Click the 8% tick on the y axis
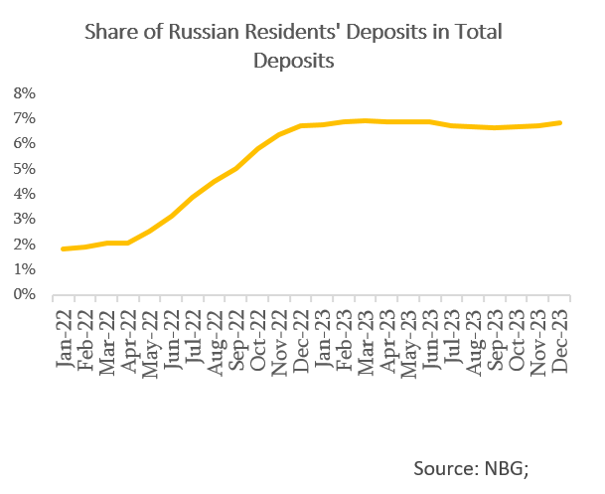pos(25,93)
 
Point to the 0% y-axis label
pos(25,295)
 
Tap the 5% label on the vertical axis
pos(25,169)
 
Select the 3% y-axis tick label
pos(25,220)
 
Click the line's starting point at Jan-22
pos(63,248)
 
